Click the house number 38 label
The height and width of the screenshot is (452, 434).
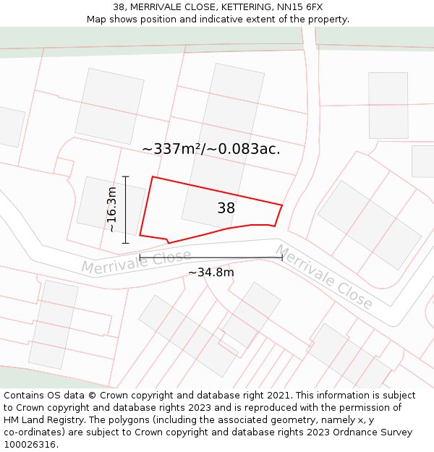point(226,208)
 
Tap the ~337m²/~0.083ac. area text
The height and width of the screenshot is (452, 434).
point(210,149)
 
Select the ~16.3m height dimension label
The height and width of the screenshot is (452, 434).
point(111,209)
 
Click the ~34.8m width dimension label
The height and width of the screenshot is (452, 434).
point(210,272)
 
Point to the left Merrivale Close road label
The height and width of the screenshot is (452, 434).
point(136,261)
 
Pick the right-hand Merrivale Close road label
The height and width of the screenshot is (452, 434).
point(323,276)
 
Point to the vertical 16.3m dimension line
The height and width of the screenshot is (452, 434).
point(126,210)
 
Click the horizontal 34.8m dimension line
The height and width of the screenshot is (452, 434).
point(210,257)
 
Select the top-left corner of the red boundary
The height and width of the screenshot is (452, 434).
point(152,177)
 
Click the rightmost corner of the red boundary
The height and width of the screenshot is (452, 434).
point(281,206)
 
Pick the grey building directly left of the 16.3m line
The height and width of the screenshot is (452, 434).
point(98,203)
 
